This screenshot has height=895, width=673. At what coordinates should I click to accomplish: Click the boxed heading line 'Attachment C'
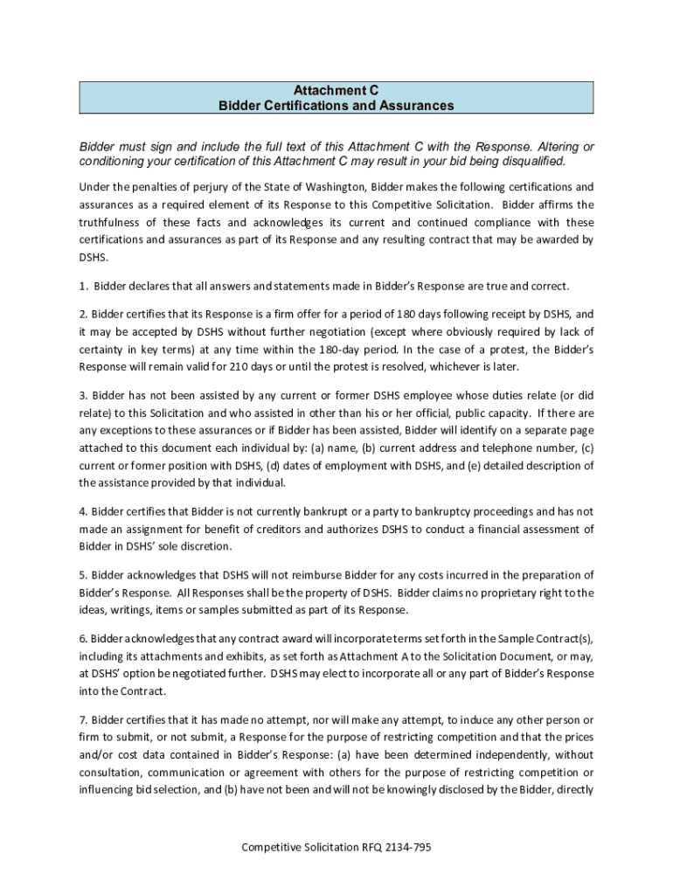point(336,90)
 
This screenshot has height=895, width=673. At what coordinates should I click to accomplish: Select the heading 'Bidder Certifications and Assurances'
point(336,106)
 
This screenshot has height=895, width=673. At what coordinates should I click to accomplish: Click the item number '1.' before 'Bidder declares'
point(84,286)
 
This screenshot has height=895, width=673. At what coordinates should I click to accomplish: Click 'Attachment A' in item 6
point(375,656)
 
